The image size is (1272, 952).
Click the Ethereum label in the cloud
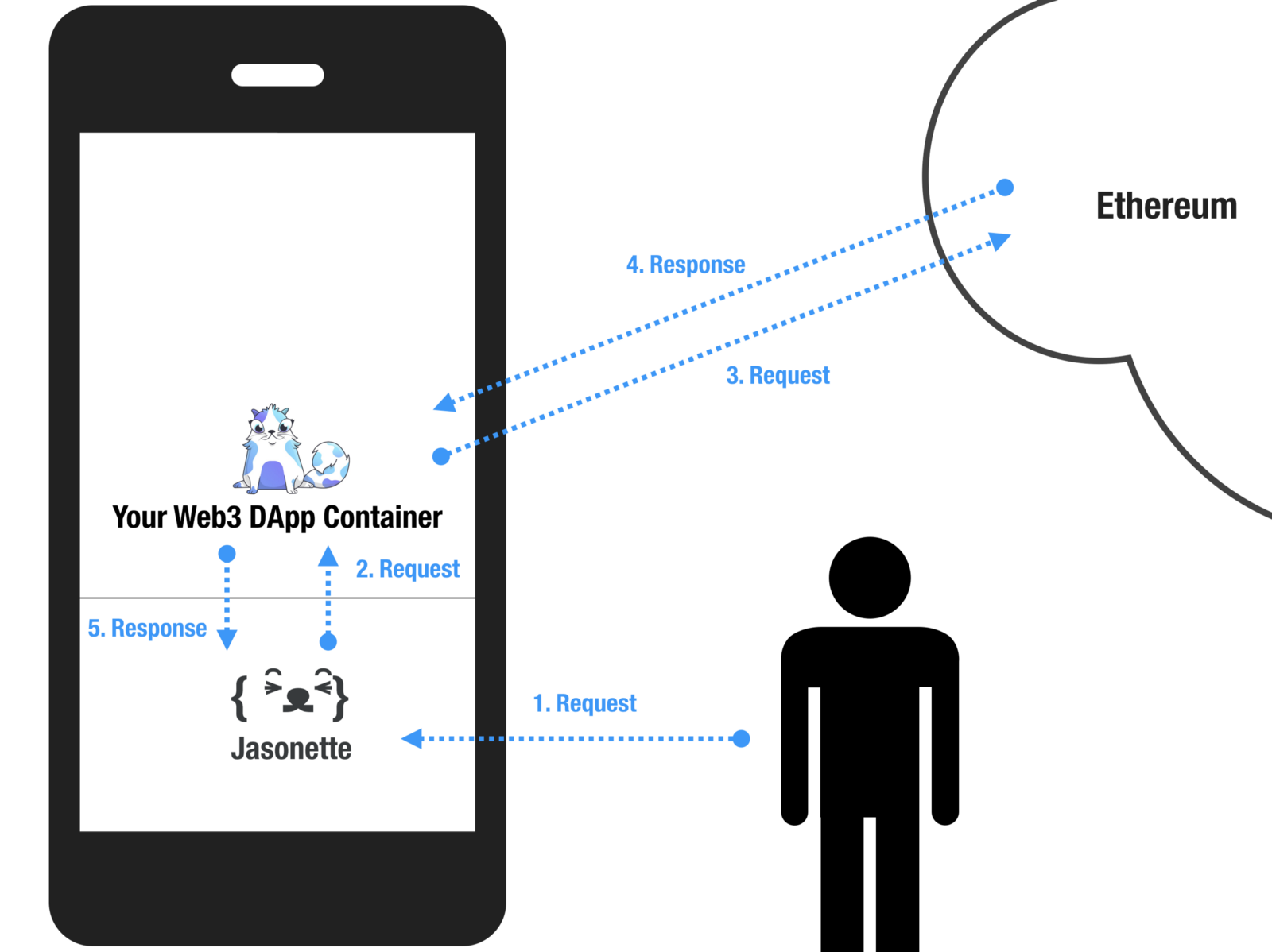tap(1166, 206)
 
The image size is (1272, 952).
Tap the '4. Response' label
tap(685, 265)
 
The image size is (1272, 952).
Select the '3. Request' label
tap(778, 375)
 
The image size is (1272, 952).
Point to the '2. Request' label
tap(407, 569)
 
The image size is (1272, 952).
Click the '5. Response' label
tap(147, 629)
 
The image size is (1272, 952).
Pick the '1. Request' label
tap(584, 703)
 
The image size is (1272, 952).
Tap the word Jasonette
tap(291, 749)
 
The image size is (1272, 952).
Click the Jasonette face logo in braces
tap(290, 696)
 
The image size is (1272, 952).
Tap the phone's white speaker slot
tap(277, 75)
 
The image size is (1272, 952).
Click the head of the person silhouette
tap(870, 578)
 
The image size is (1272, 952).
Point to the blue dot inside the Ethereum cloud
tap(1005, 188)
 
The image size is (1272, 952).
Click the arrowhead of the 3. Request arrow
tap(999, 240)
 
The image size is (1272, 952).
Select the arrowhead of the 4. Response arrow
tap(444, 403)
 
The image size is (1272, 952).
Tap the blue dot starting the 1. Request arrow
tap(741, 739)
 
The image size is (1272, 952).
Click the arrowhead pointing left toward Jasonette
tap(412, 739)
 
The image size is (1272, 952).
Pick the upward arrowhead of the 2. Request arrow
tap(328, 556)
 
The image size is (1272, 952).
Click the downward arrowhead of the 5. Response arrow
tap(227, 639)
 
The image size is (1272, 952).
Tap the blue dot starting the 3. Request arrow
tap(441, 456)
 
